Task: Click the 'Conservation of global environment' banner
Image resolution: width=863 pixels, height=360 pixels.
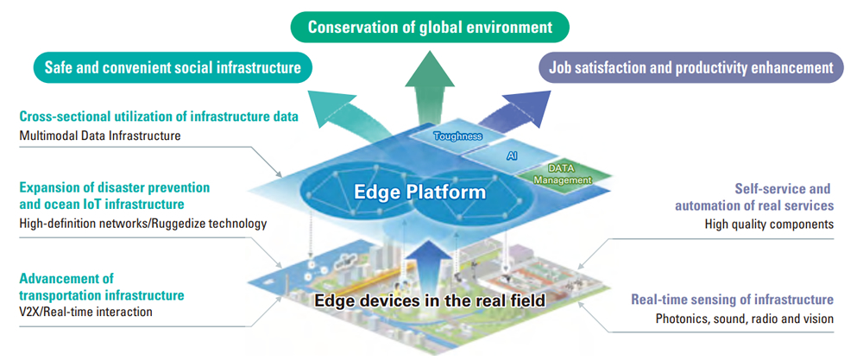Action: coord(430,27)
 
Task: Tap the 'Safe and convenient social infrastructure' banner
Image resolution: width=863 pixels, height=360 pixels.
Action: coord(173,67)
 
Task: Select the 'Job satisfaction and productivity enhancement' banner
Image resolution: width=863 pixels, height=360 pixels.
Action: coord(690,67)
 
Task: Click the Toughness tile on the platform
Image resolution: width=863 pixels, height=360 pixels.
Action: coord(458,135)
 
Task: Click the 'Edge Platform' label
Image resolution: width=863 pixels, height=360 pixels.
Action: coord(420,193)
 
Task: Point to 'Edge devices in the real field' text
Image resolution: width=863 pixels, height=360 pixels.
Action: coord(430,300)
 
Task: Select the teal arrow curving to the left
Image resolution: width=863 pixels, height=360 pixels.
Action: coord(352,111)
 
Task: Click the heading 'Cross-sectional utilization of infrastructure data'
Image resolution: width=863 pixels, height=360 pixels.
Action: coord(159,117)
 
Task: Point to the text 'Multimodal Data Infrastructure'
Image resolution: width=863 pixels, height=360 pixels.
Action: coord(99,135)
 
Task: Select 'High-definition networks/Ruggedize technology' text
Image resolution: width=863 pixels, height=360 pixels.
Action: coord(143,224)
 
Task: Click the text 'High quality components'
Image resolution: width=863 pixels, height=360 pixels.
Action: coord(769,224)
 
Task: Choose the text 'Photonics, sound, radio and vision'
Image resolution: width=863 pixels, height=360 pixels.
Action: coord(745,319)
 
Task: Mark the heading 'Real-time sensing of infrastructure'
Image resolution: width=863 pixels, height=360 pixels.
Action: coord(732,300)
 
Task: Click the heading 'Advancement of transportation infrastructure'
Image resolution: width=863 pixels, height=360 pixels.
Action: coord(102,287)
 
